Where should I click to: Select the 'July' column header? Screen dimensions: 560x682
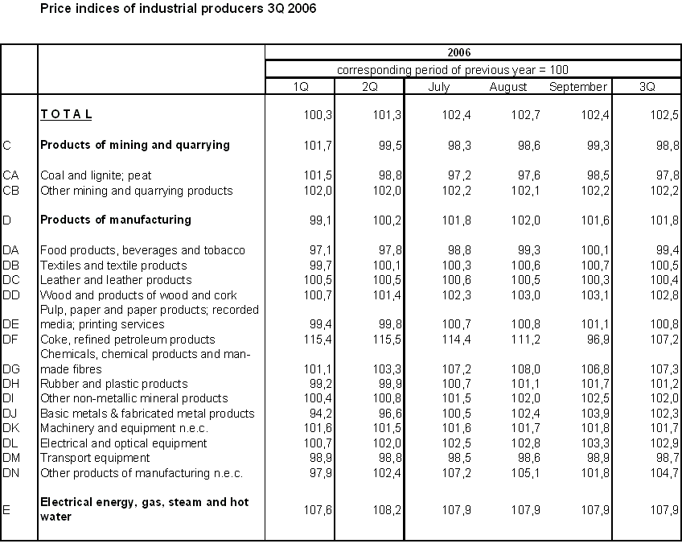coord(439,87)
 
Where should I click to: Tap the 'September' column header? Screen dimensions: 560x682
coord(577,87)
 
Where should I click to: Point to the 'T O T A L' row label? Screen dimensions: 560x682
coord(66,115)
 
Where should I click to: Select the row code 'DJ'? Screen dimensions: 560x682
coord(10,414)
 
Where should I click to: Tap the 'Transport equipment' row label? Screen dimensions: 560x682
coord(95,458)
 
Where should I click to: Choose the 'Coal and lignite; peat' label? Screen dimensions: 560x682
coord(96,175)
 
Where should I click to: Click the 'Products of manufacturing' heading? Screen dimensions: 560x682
coord(116,220)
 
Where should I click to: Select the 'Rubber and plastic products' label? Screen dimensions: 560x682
coord(113,384)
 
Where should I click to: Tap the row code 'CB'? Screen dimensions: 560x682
coord(11,191)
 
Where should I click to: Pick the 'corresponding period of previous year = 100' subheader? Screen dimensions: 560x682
coord(453,70)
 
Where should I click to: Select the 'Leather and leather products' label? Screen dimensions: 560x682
coord(116,280)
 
